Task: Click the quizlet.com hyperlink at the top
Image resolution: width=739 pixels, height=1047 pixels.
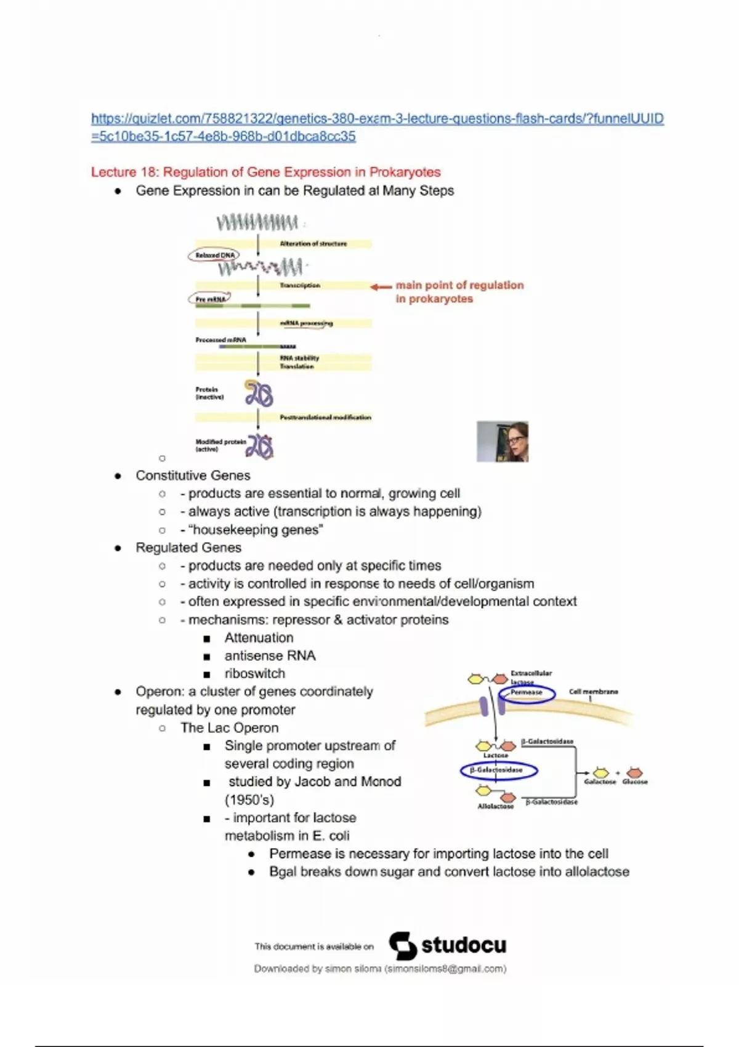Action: click(377, 119)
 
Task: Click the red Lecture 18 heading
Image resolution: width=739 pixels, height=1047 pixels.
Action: click(265, 172)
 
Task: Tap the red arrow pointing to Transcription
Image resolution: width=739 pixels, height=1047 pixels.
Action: click(381, 286)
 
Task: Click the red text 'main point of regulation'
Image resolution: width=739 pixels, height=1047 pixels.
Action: click(459, 285)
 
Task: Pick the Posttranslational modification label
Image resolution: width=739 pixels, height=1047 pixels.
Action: click(325, 418)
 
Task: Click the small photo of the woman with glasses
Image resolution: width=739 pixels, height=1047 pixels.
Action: click(503, 442)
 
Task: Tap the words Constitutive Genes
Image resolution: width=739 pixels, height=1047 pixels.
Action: click(193, 475)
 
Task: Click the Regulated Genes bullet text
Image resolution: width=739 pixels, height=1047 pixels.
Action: click(188, 548)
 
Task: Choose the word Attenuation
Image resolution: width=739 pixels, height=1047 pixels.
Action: click(259, 637)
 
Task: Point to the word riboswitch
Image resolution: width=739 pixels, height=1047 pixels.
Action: click(254, 673)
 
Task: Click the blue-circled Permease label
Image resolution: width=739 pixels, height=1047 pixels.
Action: click(527, 693)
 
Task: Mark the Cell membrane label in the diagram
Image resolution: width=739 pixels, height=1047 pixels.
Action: click(593, 692)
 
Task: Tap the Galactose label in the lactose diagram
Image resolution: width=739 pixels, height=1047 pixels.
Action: click(600, 782)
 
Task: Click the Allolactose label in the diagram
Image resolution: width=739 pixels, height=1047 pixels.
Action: click(495, 806)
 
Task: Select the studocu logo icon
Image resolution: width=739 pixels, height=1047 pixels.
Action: click(403, 945)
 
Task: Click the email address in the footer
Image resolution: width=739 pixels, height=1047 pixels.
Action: click(445, 969)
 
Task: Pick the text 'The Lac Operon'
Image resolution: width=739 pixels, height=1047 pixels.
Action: click(229, 727)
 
